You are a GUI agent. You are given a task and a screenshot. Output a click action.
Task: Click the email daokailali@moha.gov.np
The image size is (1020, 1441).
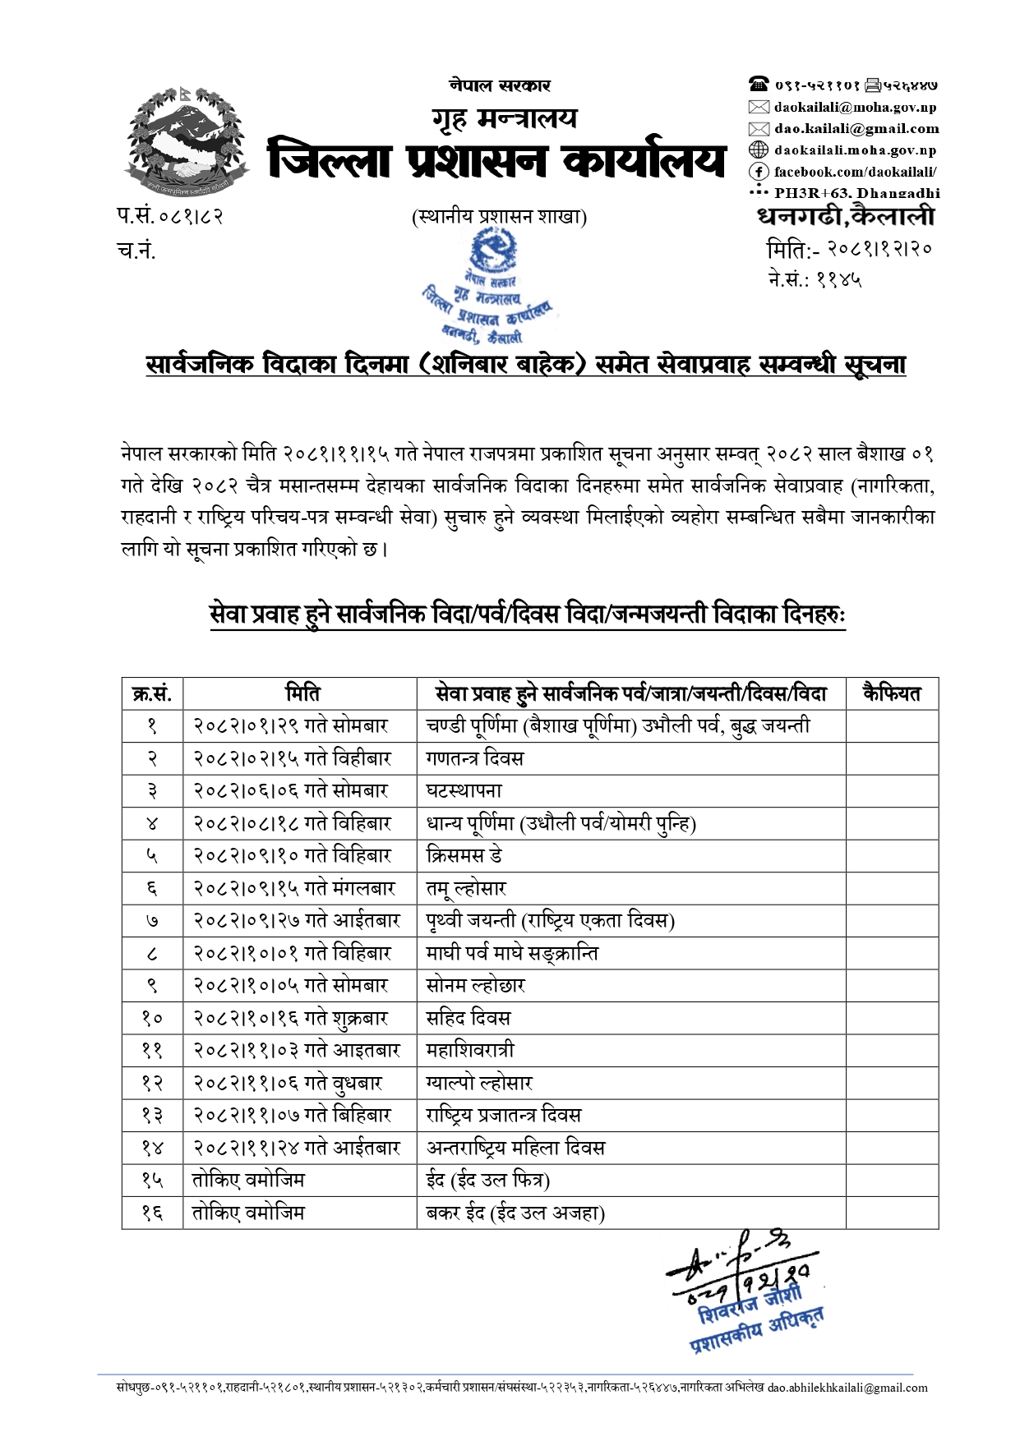855,107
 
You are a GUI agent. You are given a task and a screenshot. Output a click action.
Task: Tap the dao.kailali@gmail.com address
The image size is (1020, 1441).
856,128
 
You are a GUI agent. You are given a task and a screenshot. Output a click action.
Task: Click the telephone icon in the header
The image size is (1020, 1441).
758,84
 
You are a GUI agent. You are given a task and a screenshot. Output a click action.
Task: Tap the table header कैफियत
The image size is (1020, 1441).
891,693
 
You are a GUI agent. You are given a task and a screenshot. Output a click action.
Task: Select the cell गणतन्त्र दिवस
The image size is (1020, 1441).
474,758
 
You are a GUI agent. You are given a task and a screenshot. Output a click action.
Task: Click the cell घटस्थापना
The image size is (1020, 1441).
464,791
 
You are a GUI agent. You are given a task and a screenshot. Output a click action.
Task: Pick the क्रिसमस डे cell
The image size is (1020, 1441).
464,856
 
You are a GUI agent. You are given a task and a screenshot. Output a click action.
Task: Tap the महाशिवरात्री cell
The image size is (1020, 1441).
470,1051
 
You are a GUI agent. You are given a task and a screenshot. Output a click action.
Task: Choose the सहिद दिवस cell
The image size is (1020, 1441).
468,1019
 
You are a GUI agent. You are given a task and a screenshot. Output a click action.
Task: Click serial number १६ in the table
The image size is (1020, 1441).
152,1213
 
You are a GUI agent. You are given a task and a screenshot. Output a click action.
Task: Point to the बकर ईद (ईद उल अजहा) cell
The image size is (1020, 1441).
515,1213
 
